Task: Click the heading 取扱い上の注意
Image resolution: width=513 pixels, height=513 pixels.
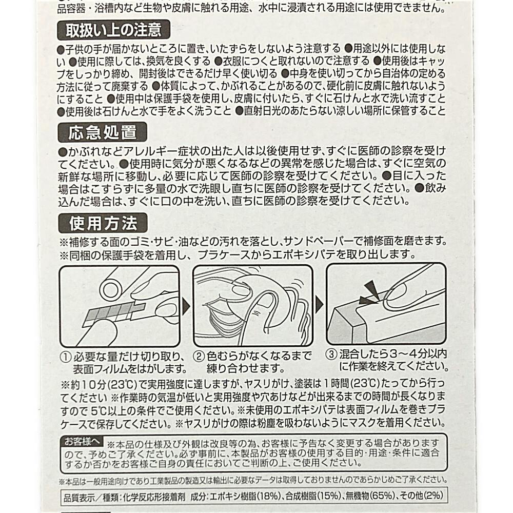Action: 113,30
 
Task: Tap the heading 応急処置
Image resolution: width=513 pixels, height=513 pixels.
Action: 103,132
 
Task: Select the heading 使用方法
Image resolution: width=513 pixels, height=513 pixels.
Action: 103,223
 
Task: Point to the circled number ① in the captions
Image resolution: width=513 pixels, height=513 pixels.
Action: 66,357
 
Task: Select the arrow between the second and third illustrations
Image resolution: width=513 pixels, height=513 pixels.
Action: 319,305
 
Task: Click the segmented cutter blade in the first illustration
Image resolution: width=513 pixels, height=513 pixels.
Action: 113,313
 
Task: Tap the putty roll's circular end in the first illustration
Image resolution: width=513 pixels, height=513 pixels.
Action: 111,290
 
